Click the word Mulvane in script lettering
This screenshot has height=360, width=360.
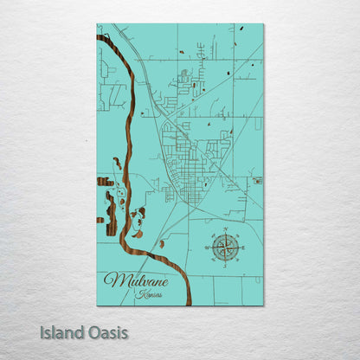tap(134, 281)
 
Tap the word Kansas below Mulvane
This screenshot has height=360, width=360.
tap(149, 295)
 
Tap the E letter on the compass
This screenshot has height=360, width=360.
tap(243, 248)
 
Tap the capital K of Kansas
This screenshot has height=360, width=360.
tap(138, 295)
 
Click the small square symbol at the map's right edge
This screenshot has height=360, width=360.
tap(258, 181)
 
